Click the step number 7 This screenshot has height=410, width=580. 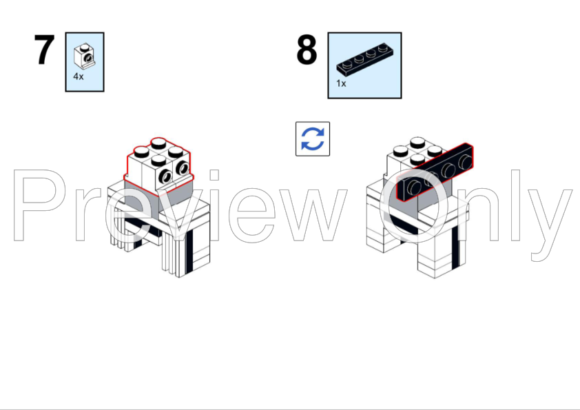pyautogui.click(x=44, y=50)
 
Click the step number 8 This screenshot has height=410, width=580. pyautogui.click(x=307, y=50)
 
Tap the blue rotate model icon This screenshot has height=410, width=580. pyautogui.click(x=313, y=139)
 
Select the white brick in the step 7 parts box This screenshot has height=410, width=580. pyautogui.click(x=84, y=57)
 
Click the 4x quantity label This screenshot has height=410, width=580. pyautogui.click(x=79, y=76)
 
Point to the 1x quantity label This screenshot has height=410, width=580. pyautogui.click(x=341, y=83)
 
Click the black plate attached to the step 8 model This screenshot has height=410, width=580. pyautogui.click(x=435, y=172)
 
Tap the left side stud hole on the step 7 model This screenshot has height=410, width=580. pyautogui.click(x=165, y=177)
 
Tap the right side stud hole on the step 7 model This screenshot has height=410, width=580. pyautogui.click(x=182, y=168)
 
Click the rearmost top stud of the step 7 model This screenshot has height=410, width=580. pyautogui.click(x=158, y=143)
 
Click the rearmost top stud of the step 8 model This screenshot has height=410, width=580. pyautogui.click(x=417, y=143)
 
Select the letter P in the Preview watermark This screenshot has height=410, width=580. pyautogui.click(x=40, y=205)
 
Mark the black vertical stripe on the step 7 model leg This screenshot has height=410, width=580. pyautogui.click(x=189, y=252)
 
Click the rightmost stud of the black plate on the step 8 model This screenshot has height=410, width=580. pyautogui.click(x=465, y=161)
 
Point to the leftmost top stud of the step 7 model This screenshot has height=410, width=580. pyautogui.click(x=142, y=152)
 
